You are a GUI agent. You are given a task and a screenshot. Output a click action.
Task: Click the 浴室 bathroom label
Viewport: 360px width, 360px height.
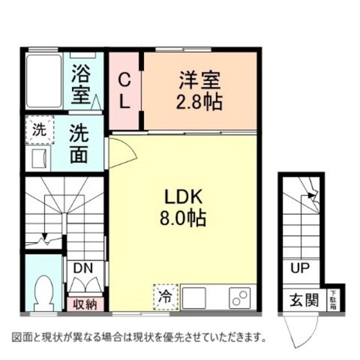pyautogui.click(x=82, y=82)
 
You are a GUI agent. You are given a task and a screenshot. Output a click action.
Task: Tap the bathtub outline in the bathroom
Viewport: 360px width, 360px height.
pyautogui.click(x=44, y=81)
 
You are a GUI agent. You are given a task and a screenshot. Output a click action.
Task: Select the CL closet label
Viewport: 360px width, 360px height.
pyautogui.click(x=126, y=91)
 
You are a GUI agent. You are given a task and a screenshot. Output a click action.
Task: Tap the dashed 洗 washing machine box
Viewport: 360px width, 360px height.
pyautogui.click(x=40, y=129)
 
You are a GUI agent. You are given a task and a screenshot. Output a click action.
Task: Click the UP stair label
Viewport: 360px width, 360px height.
pyautogui.click(x=299, y=269)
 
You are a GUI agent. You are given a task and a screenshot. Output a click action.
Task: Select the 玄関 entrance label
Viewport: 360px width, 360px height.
pyautogui.click(x=303, y=300)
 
